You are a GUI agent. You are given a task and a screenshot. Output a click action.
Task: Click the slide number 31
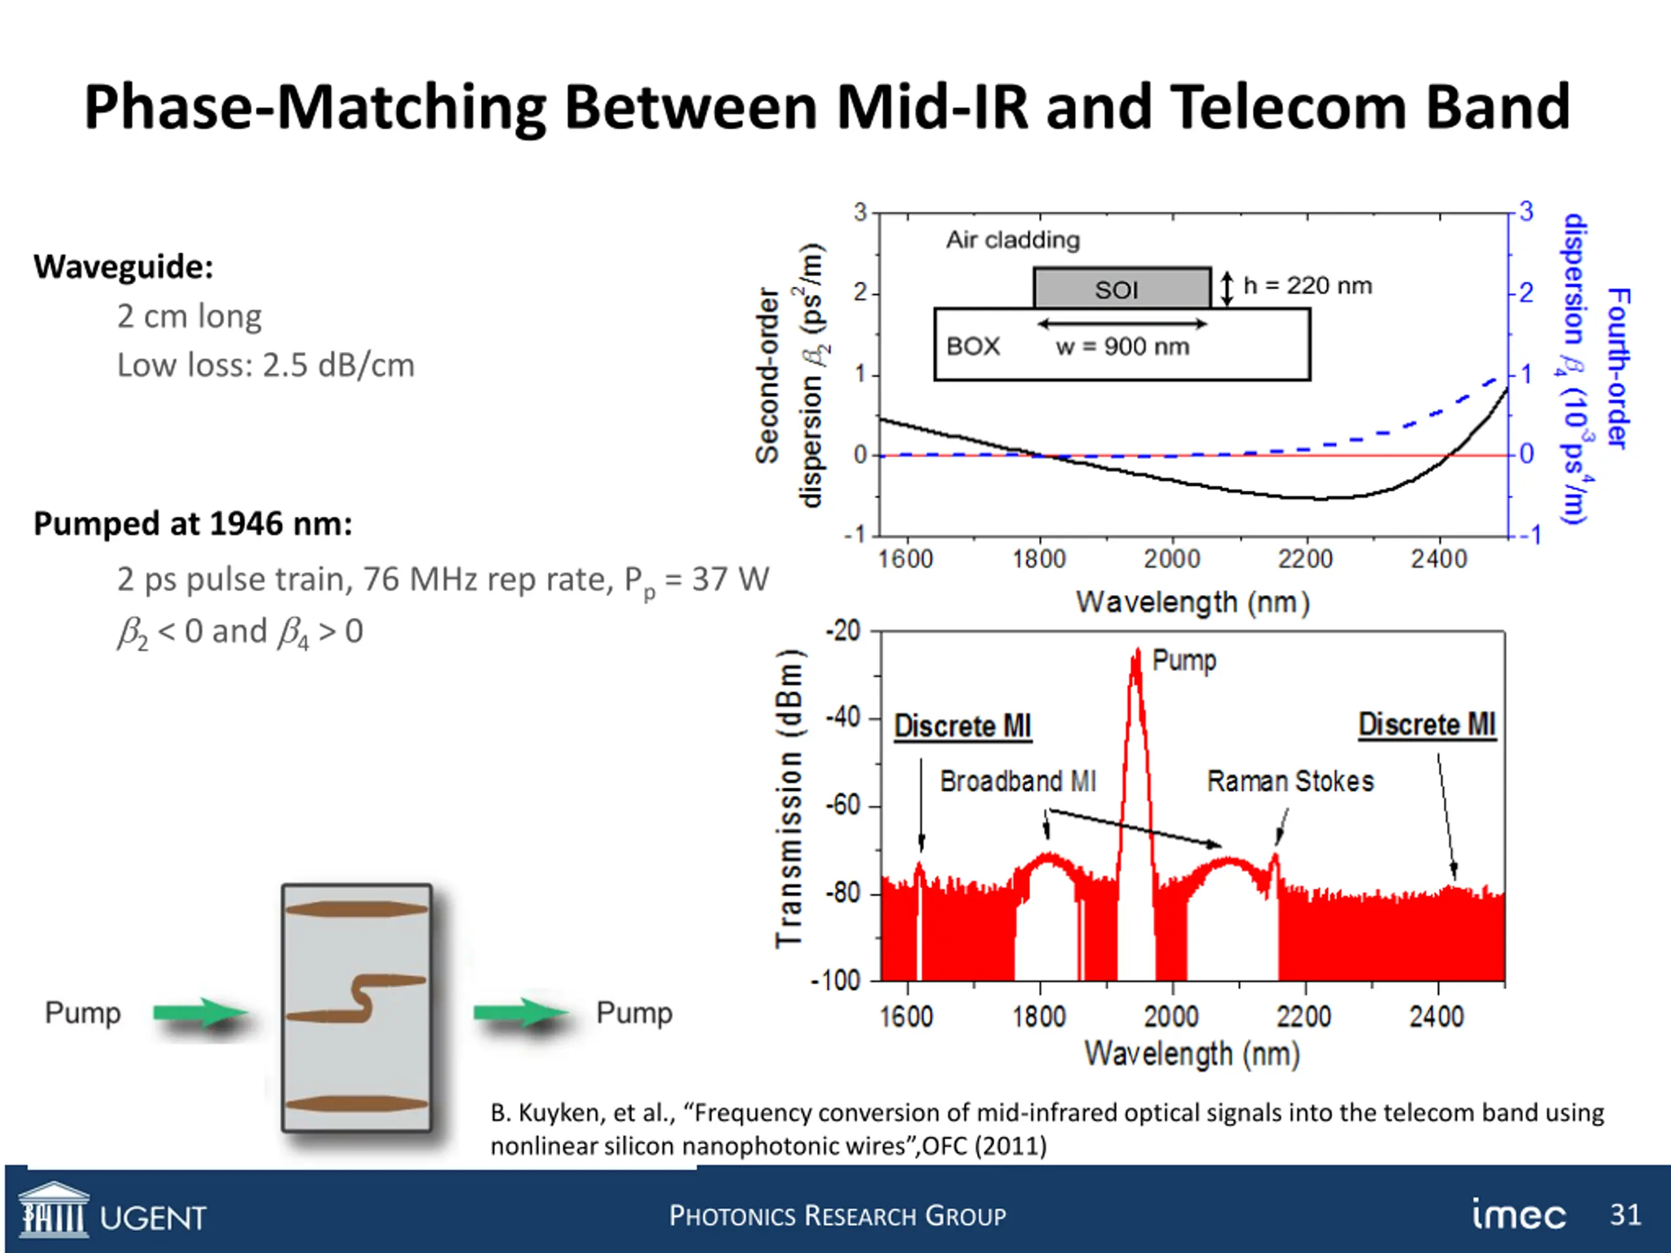click(x=1625, y=1214)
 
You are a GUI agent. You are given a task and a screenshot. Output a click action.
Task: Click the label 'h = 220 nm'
click(x=1307, y=285)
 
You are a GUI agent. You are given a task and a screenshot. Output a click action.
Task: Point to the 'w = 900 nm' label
click(x=1123, y=347)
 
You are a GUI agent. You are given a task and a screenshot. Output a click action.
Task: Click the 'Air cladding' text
click(x=1013, y=240)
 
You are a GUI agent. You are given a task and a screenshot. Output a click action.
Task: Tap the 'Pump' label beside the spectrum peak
click(x=1184, y=660)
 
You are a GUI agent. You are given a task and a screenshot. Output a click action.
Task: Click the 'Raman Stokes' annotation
click(x=1290, y=781)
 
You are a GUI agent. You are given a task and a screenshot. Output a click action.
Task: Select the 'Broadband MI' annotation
click(x=1018, y=781)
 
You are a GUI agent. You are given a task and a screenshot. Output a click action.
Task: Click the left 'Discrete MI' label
click(x=962, y=726)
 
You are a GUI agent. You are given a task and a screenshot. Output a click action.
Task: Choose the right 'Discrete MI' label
click(x=1426, y=724)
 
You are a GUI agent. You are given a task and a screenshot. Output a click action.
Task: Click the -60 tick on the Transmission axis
click(x=843, y=806)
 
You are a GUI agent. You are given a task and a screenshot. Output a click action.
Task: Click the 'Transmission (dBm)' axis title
click(x=789, y=797)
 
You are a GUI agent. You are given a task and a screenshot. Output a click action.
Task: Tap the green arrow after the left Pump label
click(x=200, y=1013)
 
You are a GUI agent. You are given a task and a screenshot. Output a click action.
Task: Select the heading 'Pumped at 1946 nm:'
click(x=193, y=523)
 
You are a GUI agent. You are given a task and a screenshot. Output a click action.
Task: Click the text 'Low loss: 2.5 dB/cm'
click(x=265, y=365)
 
